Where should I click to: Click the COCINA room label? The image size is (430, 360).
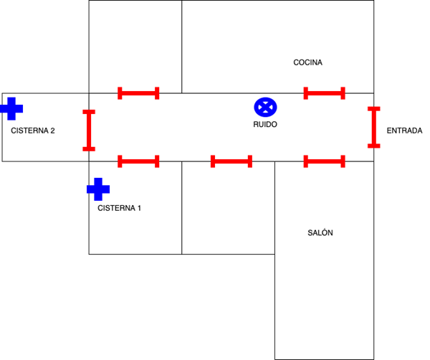pyautogui.click(x=307, y=62)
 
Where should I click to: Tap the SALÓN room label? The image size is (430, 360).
pyautogui.click(x=320, y=233)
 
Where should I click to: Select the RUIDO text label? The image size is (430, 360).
pyautogui.click(x=265, y=124)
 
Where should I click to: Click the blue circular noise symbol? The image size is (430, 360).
pyautogui.click(x=266, y=107)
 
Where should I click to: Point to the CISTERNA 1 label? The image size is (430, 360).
pyautogui.click(x=119, y=208)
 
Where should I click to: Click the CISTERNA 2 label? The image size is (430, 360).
pyautogui.click(x=33, y=131)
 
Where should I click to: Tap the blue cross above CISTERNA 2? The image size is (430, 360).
pyautogui.click(x=11, y=108)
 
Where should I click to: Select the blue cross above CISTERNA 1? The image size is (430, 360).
pyautogui.click(x=97, y=189)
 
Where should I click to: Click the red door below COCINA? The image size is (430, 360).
pyautogui.click(x=325, y=93)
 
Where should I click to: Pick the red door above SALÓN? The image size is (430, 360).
pyautogui.click(x=325, y=161)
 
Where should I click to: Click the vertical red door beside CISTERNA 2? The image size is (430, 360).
pyautogui.click(x=89, y=130)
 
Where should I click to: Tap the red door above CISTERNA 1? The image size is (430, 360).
pyautogui.click(x=138, y=161)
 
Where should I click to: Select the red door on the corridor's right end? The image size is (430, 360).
pyautogui.click(x=374, y=127)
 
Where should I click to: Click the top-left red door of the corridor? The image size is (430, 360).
pyautogui.click(x=138, y=93)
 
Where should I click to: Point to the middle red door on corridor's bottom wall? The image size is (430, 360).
pyautogui.click(x=231, y=161)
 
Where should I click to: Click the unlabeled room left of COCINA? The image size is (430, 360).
pyautogui.click(x=135, y=47)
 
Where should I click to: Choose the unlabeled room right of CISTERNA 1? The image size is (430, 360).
pyautogui.click(x=228, y=208)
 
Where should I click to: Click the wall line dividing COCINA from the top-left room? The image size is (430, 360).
pyautogui.click(x=182, y=47)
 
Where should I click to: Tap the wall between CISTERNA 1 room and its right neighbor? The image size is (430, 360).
pyautogui.click(x=182, y=208)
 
